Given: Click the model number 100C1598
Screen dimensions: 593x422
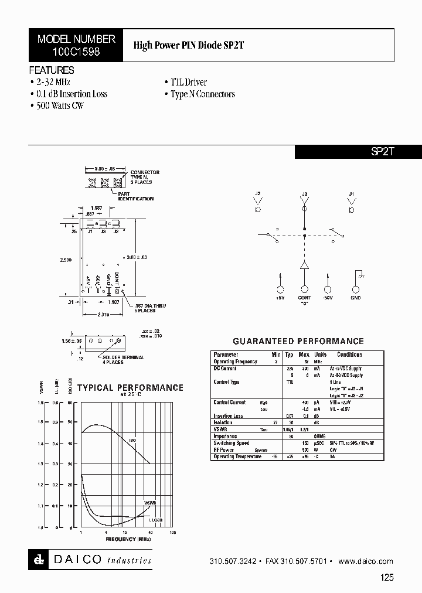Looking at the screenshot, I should click(76, 52).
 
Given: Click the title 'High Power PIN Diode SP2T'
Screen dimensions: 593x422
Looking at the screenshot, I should click(183, 45).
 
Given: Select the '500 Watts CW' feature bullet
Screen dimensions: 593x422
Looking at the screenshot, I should click(59, 105).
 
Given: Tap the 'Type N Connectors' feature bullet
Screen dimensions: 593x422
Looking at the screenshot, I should click(203, 94).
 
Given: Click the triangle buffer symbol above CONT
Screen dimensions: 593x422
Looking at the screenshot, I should click(304, 266).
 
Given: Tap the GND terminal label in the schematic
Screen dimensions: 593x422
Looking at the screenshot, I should click(356, 298).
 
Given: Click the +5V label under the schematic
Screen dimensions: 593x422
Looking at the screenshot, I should click(280, 298).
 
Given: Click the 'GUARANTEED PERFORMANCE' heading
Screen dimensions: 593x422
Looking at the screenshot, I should click(298, 341).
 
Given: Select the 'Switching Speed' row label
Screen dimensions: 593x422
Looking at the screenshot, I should click(231, 443).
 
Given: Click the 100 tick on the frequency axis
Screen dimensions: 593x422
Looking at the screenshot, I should click(172, 532).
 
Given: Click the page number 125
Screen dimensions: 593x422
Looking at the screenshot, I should click(387, 577).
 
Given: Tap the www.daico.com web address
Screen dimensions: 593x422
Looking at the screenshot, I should click(366, 561).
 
